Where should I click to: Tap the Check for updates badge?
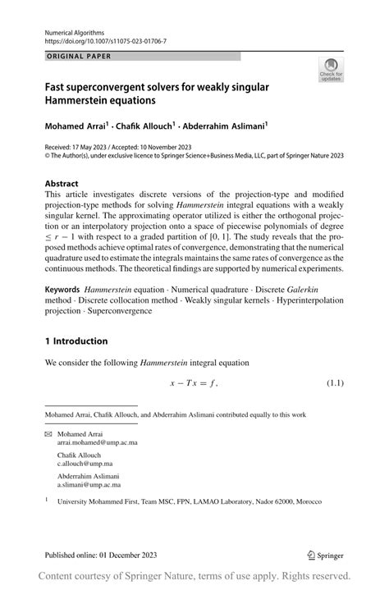(332, 71)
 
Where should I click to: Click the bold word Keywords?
(62, 290)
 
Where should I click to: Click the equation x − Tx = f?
(194, 383)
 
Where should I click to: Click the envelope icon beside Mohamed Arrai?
(48, 432)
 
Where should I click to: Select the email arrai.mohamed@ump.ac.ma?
(92, 441)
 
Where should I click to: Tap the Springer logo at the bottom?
(327, 554)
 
